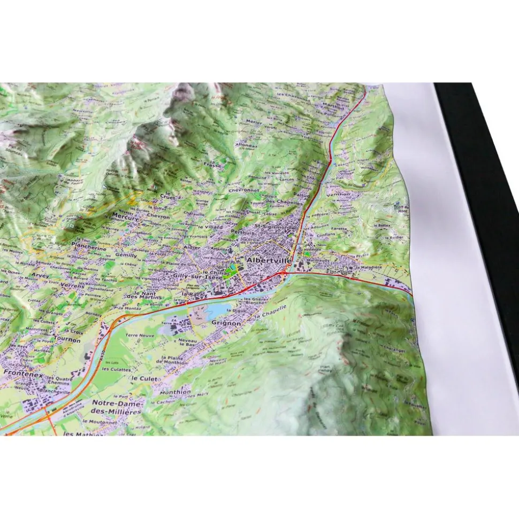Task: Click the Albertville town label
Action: (269, 260)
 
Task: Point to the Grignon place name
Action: (226, 323)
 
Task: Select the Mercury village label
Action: (125, 217)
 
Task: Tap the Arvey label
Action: (40, 275)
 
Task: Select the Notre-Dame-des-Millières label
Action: (117, 407)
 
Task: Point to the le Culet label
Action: (143, 378)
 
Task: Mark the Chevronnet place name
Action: (243, 190)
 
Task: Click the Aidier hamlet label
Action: (192, 249)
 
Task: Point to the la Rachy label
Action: (195, 294)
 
